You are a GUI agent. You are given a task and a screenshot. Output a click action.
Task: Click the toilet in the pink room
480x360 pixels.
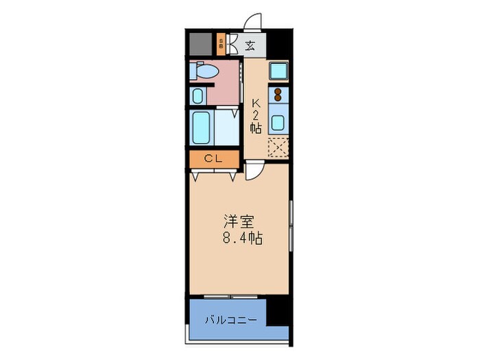click(206, 71)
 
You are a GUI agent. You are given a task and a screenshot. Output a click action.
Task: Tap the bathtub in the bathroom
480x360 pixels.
click(202, 127)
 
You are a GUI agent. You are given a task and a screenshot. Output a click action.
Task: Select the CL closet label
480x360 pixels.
click(214, 159)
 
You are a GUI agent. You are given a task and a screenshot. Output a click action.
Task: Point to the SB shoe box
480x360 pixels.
click(220, 45)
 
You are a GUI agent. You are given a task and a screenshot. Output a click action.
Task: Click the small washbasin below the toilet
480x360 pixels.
click(197, 96)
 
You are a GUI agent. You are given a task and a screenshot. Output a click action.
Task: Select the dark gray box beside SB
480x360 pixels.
click(200, 45)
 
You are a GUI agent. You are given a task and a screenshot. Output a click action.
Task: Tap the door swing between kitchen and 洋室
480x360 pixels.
click(253, 171)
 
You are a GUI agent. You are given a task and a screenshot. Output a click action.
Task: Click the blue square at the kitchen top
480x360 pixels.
click(278, 71)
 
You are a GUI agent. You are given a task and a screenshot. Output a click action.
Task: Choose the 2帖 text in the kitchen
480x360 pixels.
click(256, 121)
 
